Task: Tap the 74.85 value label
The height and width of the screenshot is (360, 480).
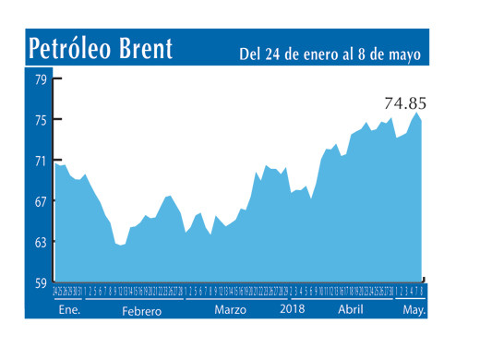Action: point(406,102)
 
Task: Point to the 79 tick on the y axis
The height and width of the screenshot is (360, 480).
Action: point(42,79)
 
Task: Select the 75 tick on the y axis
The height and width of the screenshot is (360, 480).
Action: point(42,120)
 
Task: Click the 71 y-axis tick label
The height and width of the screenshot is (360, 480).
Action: point(42,161)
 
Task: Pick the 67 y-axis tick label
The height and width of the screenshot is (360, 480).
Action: point(42,201)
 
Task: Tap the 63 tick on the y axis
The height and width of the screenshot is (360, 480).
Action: point(42,242)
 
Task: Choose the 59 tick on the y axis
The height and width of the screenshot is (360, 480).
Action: point(42,282)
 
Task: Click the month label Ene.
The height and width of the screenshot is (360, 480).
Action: point(68,311)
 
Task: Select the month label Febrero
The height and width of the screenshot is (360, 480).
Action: point(141,311)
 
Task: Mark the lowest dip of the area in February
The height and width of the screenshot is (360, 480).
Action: point(120,246)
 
